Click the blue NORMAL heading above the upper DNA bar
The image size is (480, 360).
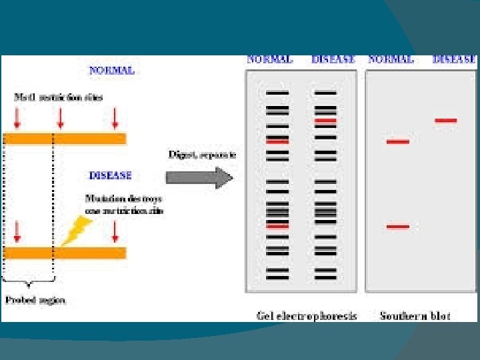click(112, 70)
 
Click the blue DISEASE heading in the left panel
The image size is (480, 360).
click(111, 176)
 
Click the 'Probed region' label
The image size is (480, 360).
click(36, 300)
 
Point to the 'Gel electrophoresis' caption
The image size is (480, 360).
click(307, 315)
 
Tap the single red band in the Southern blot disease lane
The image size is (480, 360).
click(446, 121)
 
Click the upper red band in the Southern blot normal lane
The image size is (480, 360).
click(398, 141)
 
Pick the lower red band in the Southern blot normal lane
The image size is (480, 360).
click(398, 227)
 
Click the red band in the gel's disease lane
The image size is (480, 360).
click(326, 121)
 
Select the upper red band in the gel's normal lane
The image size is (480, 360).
click(277, 141)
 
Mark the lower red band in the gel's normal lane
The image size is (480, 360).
click(277, 226)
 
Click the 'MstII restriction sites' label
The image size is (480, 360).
click(59, 97)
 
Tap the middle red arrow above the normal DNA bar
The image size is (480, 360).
click(61, 117)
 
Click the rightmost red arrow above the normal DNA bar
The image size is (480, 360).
click(115, 117)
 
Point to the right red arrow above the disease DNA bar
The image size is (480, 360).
click(115, 231)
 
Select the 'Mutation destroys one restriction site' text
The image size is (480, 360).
click(124, 204)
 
